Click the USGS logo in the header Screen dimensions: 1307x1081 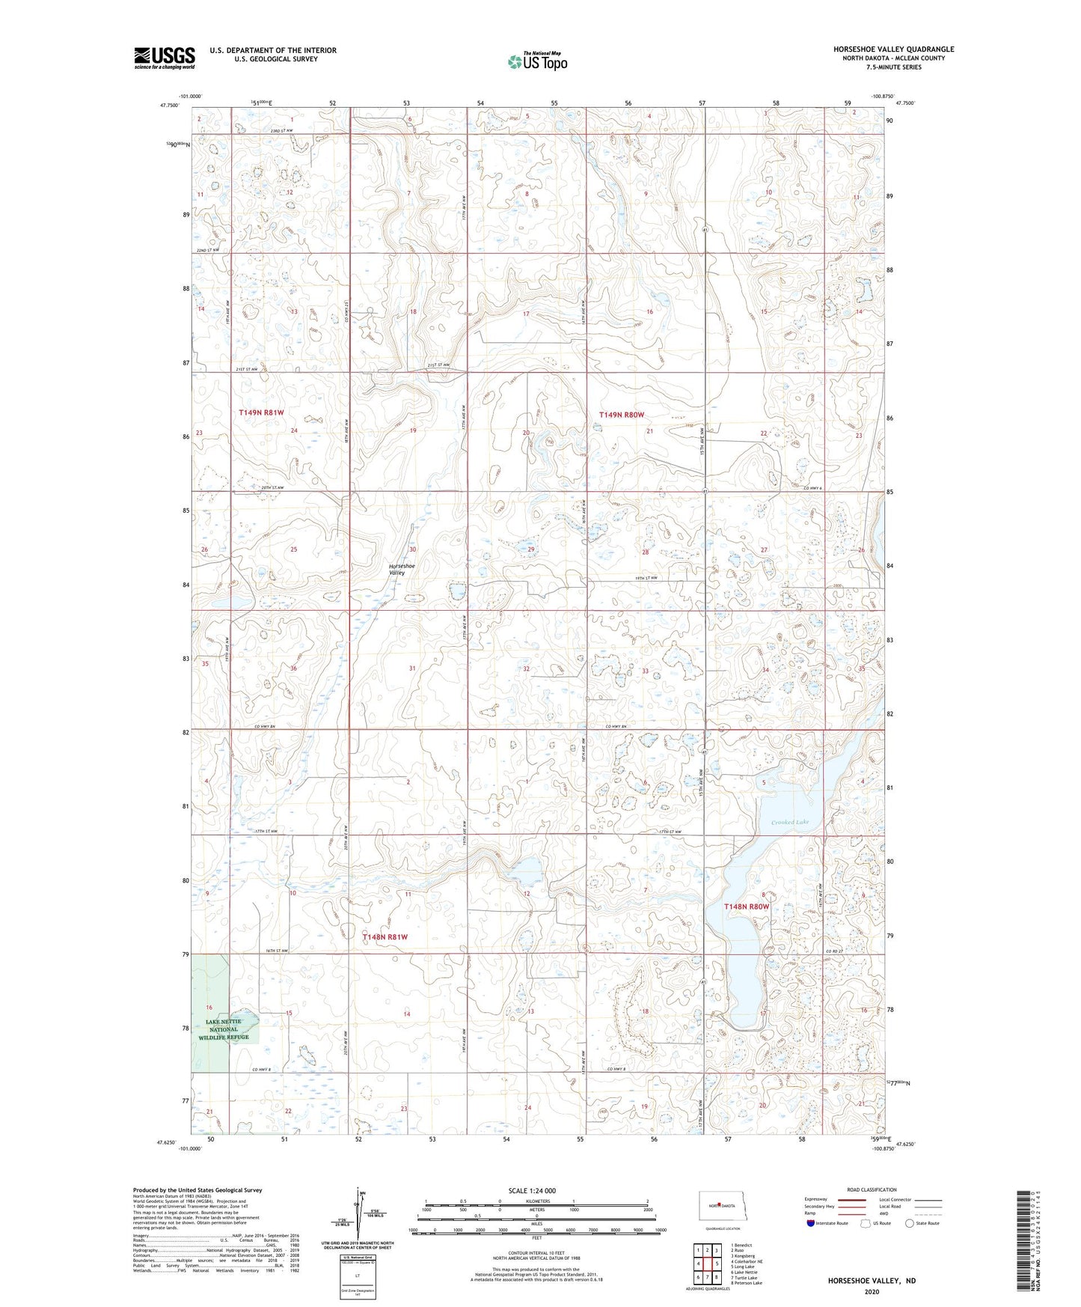pos(165,58)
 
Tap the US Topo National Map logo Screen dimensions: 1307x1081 pos(536,61)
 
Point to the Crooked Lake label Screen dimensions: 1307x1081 pos(789,822)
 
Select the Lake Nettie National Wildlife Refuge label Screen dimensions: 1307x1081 pos(224,1029)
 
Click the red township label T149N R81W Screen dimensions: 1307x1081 pos(261,412)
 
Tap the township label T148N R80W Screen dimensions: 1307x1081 pos(746,907)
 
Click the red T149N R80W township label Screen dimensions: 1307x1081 pos(621,414)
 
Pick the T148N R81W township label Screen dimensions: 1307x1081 pos(385,936)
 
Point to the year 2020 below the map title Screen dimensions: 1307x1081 pos(871,1292)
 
